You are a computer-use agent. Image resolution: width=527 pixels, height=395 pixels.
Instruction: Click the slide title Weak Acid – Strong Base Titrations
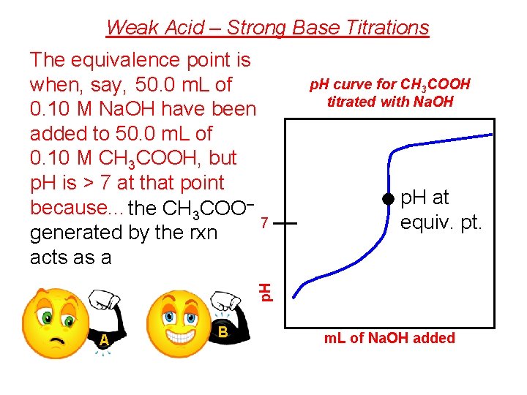(x=267, y=28)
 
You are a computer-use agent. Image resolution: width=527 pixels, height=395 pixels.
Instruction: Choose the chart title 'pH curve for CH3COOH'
(x=389, y=85)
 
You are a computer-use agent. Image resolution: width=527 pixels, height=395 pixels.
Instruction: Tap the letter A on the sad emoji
(x=105, y=340)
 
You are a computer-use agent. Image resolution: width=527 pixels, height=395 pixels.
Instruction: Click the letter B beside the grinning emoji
(x=223, y=332)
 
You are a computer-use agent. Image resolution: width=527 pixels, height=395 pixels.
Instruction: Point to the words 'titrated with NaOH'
(x=390, y=102)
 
